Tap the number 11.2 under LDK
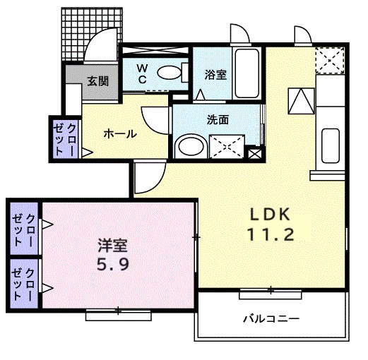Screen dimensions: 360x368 coord(269,235)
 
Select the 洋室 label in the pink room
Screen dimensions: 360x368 coord(112,248)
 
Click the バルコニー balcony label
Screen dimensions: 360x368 coord(271,319)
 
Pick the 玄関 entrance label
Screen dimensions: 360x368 coord(98,80)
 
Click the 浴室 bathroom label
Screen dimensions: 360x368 coord(215,73)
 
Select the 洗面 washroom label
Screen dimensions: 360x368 coord(218,119)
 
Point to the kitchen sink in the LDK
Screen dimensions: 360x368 coord(331,145)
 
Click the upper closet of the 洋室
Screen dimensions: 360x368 coord(24,225)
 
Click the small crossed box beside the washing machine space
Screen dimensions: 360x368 coord(254,152)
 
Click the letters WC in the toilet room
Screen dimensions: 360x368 coord(141,73)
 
